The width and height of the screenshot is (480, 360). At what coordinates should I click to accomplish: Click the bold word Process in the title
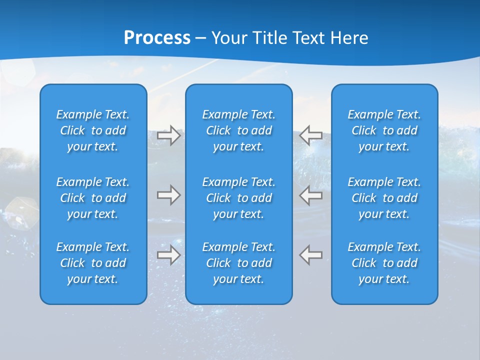coord(157,38)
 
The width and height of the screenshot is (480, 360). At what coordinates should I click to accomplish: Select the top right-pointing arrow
coord(169,135)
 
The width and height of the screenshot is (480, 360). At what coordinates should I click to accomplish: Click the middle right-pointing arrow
coord(169,195)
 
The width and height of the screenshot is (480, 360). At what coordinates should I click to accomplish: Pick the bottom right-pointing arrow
coord(169,254)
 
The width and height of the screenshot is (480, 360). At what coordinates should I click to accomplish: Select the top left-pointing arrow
coord(310,135)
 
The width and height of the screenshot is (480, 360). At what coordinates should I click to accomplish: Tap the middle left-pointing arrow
coord(310,195)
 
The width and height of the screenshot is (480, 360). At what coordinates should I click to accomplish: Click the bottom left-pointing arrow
coord(310,254)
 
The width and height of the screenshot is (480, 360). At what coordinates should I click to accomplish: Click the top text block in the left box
coord(93,130)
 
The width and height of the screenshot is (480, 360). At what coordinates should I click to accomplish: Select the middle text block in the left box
coord(93,198)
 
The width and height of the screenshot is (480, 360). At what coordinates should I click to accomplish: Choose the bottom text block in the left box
coord(93,263)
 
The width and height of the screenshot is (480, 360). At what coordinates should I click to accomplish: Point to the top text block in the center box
coord(239,130)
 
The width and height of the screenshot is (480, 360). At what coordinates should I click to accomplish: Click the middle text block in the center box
coord(239,198)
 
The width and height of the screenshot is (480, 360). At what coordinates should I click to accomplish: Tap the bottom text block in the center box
coord(239,263)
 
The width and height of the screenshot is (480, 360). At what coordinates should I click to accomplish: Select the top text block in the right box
coord(384,130)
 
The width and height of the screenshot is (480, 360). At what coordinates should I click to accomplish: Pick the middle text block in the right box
coord(384,198)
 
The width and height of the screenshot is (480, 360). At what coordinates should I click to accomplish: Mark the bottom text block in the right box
coord(384,263)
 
